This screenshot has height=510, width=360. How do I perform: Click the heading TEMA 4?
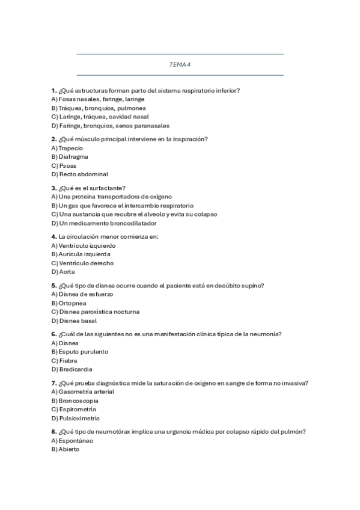point(180,64)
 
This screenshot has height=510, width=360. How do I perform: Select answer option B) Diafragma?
point(70,156)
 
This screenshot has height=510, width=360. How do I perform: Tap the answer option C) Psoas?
point(64,165)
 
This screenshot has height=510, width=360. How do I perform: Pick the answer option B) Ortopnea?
point(69,303)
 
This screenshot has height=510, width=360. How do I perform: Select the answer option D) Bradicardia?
point(72,369)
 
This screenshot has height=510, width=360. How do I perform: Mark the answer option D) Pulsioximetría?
point(76,418)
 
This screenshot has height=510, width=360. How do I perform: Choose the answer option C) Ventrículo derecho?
point(82,263)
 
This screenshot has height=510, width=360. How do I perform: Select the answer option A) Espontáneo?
point(73,440)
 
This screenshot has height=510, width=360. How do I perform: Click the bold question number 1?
point(54,90)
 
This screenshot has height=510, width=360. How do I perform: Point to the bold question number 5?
point(54,285)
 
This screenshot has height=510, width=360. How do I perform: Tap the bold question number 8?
point(54,431)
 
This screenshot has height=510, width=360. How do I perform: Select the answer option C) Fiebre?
point(64,360)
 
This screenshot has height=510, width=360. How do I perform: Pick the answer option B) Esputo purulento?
point(80,352)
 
